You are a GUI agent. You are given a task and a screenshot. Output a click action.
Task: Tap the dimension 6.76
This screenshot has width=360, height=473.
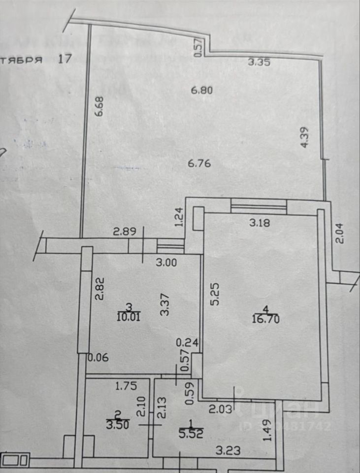200,163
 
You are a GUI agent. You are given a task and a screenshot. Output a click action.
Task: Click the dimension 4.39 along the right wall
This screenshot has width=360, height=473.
305,137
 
